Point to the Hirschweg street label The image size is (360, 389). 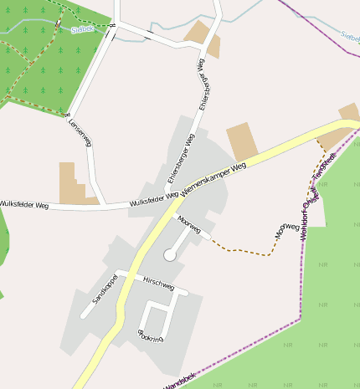click(x=158, y=284)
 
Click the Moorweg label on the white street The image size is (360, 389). click(x=190, y=223)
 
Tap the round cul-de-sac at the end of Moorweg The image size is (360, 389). click(x=170, y=254)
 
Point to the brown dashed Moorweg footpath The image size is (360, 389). click(x=243, y=250)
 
